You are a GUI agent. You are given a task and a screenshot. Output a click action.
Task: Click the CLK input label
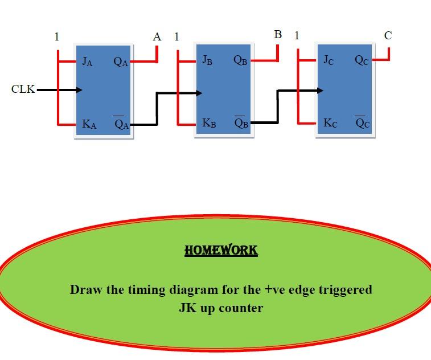(x=22, y=89)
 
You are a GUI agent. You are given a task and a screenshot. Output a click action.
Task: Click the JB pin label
(x=207, y=60)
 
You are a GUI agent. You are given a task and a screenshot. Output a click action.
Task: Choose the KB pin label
(x=209, y=123)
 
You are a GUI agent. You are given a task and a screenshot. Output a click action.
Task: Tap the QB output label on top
(x=240, y=60)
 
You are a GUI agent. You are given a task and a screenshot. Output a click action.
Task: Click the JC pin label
(x=329, y=60)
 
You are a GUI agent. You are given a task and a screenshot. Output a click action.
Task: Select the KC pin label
(x=330, y=123)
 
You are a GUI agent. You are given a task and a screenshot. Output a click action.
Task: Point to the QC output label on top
(x=362, y=60)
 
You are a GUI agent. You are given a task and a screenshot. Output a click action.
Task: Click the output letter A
(x=157, y=37)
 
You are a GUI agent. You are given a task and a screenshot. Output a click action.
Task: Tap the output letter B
(x=278, y=35)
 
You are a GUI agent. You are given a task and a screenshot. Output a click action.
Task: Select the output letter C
(x=388, y=35)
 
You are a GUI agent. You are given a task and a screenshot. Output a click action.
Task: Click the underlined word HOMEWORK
(x=221, y=250)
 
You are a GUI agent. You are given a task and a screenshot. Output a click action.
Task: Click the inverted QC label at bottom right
(x=362, y=123)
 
